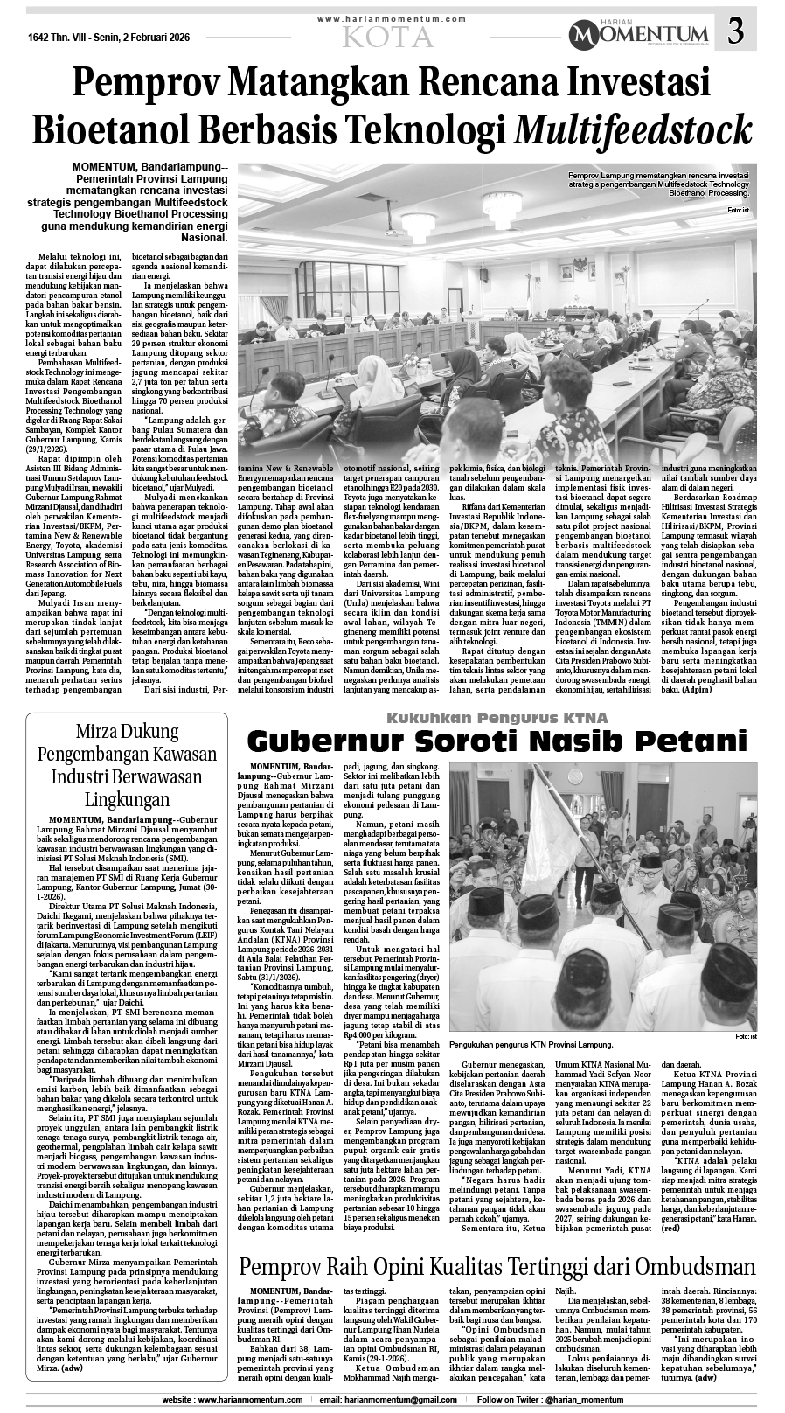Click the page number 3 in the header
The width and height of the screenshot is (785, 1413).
click(736, 33)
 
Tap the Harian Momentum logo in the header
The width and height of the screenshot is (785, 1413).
click(637, 35)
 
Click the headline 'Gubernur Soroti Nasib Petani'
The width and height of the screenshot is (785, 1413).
click(497, 741)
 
